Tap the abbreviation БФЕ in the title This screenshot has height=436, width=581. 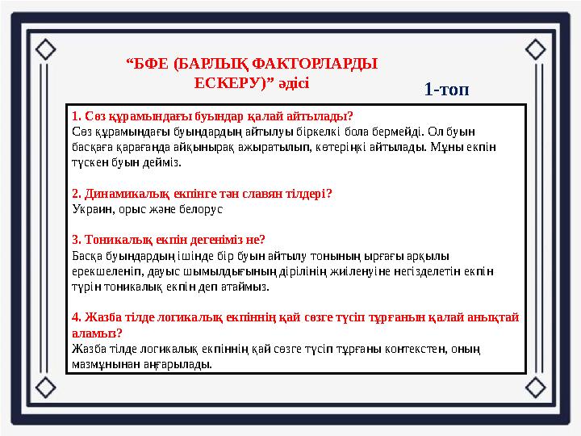pyautogui.click(x=155, y=63)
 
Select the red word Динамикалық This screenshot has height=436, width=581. pyautogui.click(x=116, y=194)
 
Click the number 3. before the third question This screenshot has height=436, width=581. pyautogui.click(x=77, y=240)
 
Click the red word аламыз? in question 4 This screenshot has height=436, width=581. pyautogui.click(x=97, y=333)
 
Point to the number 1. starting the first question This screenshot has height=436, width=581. pyautogui.click(x=77, y=115)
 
